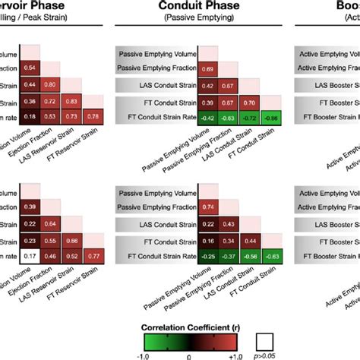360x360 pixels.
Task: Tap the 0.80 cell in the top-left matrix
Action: tap(52, 85)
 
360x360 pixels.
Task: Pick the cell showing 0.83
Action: tap(73, 101)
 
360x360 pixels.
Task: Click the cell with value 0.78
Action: tap(94, 116)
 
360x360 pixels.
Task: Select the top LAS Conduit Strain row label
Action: tap(156, 86)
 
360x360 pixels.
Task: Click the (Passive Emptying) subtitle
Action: tap(180, 23)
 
